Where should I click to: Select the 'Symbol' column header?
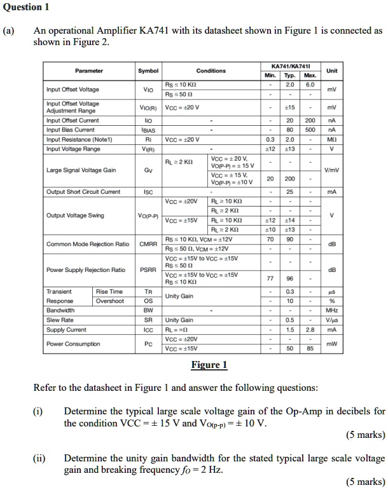(148, 71)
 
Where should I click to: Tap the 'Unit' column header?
(332, 71)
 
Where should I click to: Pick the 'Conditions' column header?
(211, 71)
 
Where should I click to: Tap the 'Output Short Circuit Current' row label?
(83, 191)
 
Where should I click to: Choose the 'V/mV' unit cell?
(332, 170)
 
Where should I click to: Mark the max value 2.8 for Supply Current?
(310, 330)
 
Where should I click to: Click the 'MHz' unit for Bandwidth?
(332, 311)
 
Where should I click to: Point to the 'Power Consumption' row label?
(73, 344)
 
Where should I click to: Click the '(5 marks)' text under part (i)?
(364, 435)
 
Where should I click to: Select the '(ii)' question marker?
(40, 458)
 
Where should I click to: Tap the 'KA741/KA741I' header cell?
(290, 65)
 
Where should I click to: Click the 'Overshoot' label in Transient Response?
(109, 301)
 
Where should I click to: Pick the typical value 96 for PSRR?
(289, 278)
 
